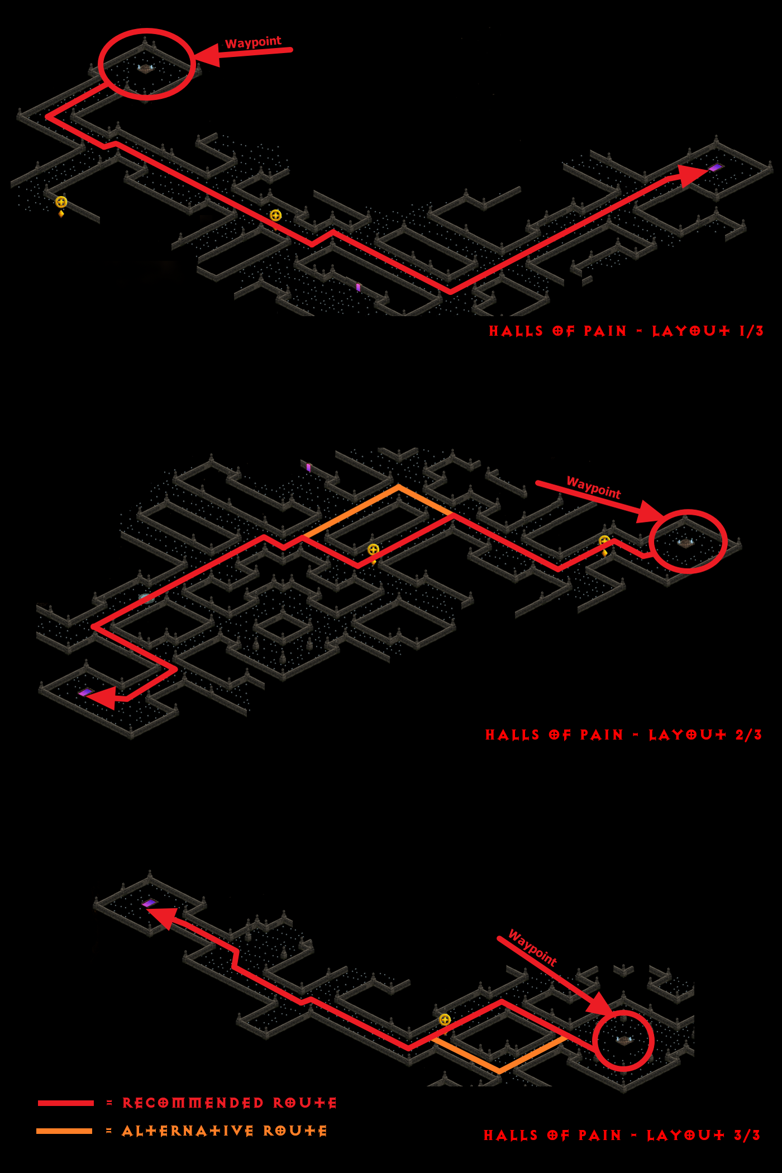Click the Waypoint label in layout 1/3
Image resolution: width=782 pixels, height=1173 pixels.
coord(253,42)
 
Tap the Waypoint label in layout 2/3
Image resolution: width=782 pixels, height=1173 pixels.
coord(594,488)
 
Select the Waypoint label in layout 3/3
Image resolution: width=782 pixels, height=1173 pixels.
coord(533,948)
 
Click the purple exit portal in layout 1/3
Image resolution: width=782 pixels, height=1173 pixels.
coord(715,167)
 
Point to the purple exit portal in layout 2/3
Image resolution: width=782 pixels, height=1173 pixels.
coord(85,692)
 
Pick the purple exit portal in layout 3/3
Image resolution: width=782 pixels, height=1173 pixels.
coord(149,903)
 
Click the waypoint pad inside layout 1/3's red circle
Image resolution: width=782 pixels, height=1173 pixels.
coord(145,68)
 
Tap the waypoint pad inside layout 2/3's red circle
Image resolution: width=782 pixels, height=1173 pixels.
coord(686,542)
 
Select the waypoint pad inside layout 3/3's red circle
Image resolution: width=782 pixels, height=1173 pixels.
coord(624,1040)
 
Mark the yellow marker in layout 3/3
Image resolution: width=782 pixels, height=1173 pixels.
coord(445,1019)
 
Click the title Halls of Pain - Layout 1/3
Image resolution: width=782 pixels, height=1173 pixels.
coord(626,331)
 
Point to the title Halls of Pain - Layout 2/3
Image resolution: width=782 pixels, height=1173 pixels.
coord(623,735)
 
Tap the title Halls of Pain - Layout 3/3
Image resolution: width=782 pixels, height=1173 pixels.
coord(622,1135)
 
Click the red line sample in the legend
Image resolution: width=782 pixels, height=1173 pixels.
coord(66,1103)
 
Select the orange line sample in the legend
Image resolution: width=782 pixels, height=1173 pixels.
coord(64,1131)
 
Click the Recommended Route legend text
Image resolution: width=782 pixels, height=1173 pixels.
coord(230,1103)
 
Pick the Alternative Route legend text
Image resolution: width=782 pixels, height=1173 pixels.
coord(225,1131)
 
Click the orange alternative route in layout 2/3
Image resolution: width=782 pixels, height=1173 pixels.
coord(398,487)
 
